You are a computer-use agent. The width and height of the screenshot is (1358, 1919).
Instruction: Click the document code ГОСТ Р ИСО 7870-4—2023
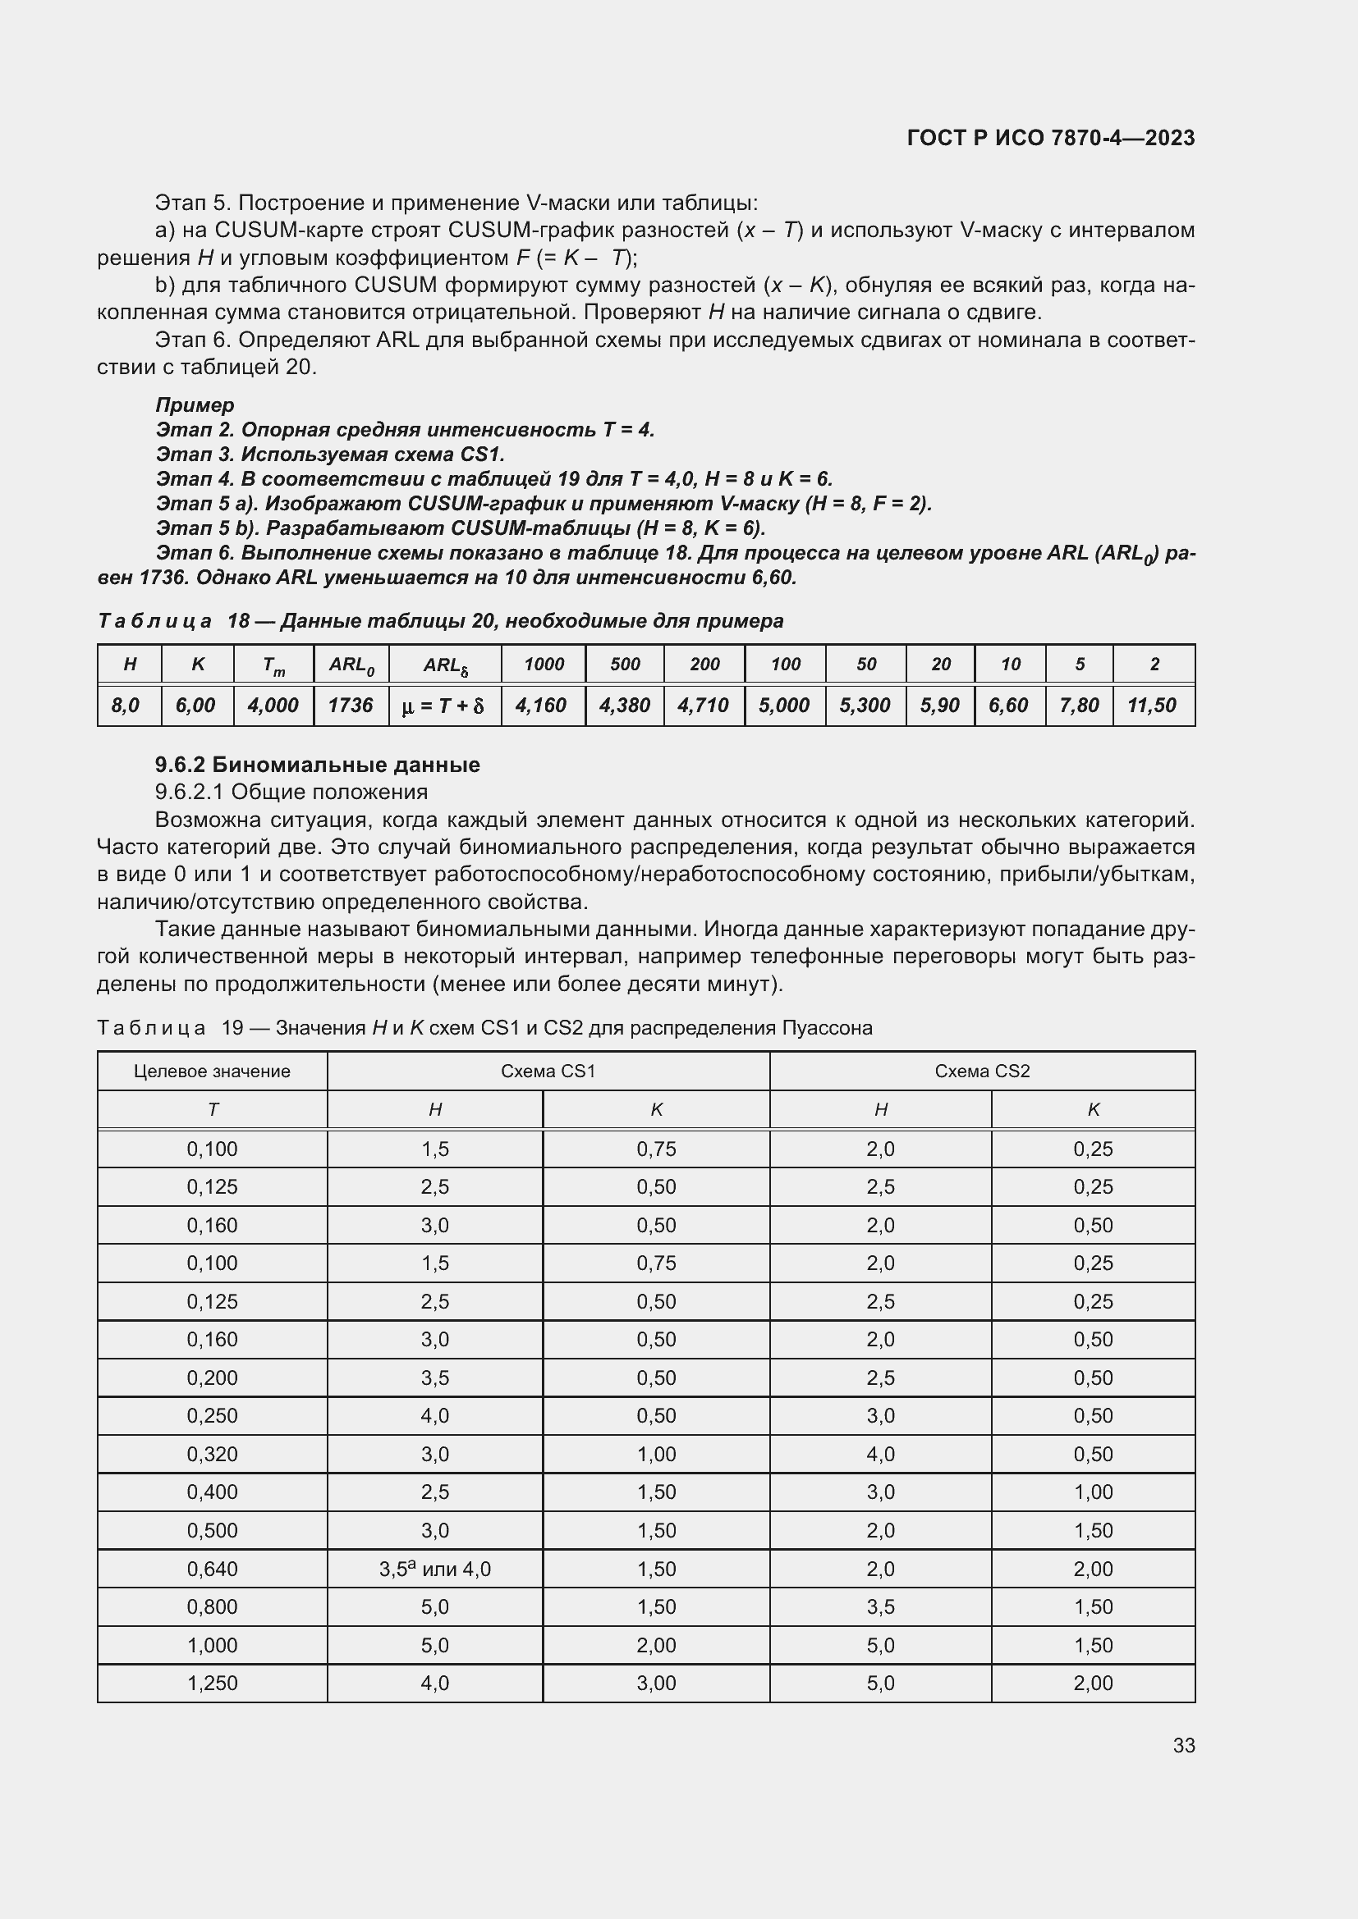[x=1050, y=138]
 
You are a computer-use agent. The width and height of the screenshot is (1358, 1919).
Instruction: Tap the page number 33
[x=1183, y=1745]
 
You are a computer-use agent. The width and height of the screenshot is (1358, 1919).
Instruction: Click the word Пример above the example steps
[x=194, y=405]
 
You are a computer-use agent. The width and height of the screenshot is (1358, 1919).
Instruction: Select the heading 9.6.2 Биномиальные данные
[x=317, y=765]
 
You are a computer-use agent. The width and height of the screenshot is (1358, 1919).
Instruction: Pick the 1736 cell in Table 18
[x=351, y=706]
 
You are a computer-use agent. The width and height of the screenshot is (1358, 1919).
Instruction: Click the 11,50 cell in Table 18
[x=1151, y=706]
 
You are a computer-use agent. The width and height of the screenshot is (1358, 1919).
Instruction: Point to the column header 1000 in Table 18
[x=544, y=665]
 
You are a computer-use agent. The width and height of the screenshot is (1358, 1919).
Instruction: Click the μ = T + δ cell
[x=444, y=706]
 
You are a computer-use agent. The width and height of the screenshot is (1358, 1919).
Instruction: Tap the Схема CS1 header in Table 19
[x=548, y=1071]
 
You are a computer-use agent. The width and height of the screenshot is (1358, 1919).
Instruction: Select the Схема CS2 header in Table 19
[x=982, y=1071]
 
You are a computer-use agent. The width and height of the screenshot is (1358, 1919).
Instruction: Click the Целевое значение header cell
[x=212, y=1071]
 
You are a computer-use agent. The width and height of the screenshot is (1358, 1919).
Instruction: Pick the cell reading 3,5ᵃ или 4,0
[x=435, y=1569]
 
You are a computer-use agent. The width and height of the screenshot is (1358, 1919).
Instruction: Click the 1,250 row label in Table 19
[x=213, y=1684]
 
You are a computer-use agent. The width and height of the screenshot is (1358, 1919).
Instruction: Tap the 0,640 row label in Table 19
[x=213, y=1569]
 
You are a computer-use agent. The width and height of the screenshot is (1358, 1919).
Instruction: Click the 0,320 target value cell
[x=213, y=1455]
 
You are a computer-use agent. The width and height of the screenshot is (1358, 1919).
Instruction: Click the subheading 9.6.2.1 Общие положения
[x=291, y=792]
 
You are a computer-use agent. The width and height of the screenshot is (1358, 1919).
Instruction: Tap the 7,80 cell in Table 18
[x=1079, y=706]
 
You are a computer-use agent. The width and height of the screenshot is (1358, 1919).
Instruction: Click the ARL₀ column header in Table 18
[x=351, y=665]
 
